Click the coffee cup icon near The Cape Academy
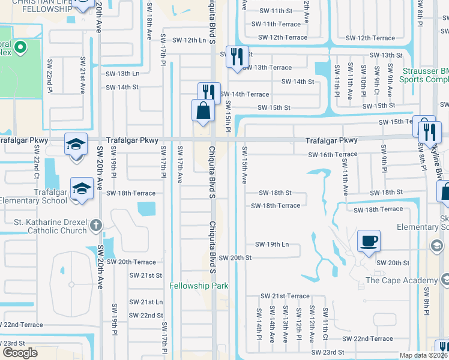(x=369, y=242)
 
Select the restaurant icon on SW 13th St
(x=237, y=57)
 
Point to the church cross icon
(x=95, y=226)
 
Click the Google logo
(x=20, y=352)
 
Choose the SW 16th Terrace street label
(x=333, y=155)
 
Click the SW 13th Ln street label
(x=122, y=73)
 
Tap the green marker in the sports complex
(x=19, y=47)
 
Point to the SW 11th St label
(x=276, y=11)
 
